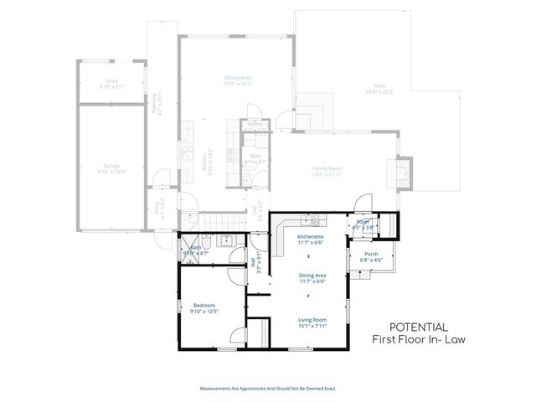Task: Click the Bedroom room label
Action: (204, 305)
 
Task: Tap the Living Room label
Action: (312, 319)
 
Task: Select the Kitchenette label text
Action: (311, 237)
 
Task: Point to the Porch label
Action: (371, 254)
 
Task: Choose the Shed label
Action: (111, 82)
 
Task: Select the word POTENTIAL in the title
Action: (419, 327)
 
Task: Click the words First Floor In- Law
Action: (418, 339)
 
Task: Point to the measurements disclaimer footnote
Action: (267, 388)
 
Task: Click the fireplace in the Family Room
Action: (403, 174)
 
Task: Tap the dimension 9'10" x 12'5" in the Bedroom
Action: (204, 312)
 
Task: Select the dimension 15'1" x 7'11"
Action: (312, 326)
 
